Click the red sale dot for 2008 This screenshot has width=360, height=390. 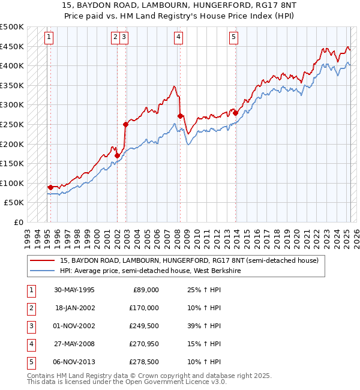181,116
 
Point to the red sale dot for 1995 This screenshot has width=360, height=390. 50,187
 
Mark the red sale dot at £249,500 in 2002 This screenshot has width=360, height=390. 125,124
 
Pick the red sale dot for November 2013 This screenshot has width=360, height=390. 236,113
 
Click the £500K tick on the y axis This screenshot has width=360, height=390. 12,27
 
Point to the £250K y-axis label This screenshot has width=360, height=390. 12,124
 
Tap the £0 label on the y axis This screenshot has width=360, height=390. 18,222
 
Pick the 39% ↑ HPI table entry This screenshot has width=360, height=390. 200,326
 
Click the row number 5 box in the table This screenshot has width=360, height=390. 31,362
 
